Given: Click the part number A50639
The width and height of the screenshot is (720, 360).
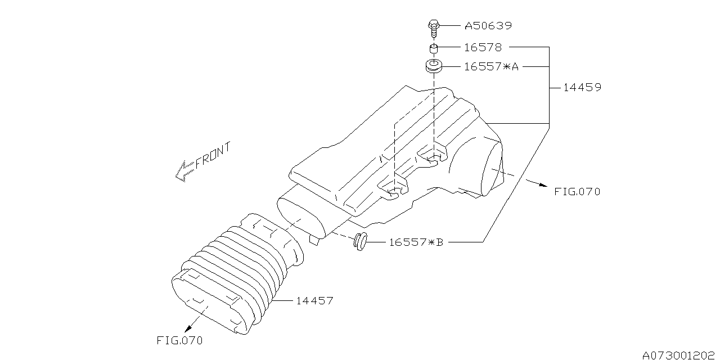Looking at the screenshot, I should coord(488,26).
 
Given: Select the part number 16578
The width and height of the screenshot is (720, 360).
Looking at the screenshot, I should coord(483,48).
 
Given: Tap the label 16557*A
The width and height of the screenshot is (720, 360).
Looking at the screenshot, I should coord(491,67).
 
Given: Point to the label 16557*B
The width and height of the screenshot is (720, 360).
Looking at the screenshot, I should coord(416,242).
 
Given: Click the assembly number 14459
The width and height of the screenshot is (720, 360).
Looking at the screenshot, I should coord(583,88).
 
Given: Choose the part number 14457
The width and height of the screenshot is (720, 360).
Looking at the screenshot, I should coord(314,301).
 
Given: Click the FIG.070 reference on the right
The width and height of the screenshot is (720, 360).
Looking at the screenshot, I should coord(577,192).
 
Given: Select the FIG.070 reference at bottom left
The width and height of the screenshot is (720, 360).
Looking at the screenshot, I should coord(179,340).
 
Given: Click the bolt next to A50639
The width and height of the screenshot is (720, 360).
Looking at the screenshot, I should coord(433,27).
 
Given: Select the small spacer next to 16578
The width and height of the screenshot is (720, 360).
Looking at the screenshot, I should coord(434,48).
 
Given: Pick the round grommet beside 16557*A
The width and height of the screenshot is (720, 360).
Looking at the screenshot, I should coord(433,66).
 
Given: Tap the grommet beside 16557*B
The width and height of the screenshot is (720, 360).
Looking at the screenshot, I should coord(359,242).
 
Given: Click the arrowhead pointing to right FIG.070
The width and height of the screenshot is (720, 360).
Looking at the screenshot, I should coord(541,185).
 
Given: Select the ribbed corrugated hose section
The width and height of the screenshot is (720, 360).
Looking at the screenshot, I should coord(236,270).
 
